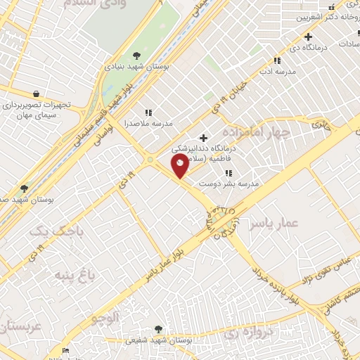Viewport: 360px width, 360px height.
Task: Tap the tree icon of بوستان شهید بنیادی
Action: click(136, 56)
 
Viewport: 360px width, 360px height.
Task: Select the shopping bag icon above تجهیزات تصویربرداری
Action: click(35, 94)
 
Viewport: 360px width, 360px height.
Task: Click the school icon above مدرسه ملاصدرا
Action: click(148, 112)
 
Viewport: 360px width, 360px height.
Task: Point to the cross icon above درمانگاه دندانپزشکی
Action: click(204, 138)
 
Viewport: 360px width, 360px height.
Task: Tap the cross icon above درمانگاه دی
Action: click(308, 37)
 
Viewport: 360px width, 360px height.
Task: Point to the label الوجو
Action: click(105, 318)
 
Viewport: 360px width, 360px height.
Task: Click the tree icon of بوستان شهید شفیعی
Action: click(157, 328)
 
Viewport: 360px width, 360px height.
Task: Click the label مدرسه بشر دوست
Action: click(229, 183)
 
